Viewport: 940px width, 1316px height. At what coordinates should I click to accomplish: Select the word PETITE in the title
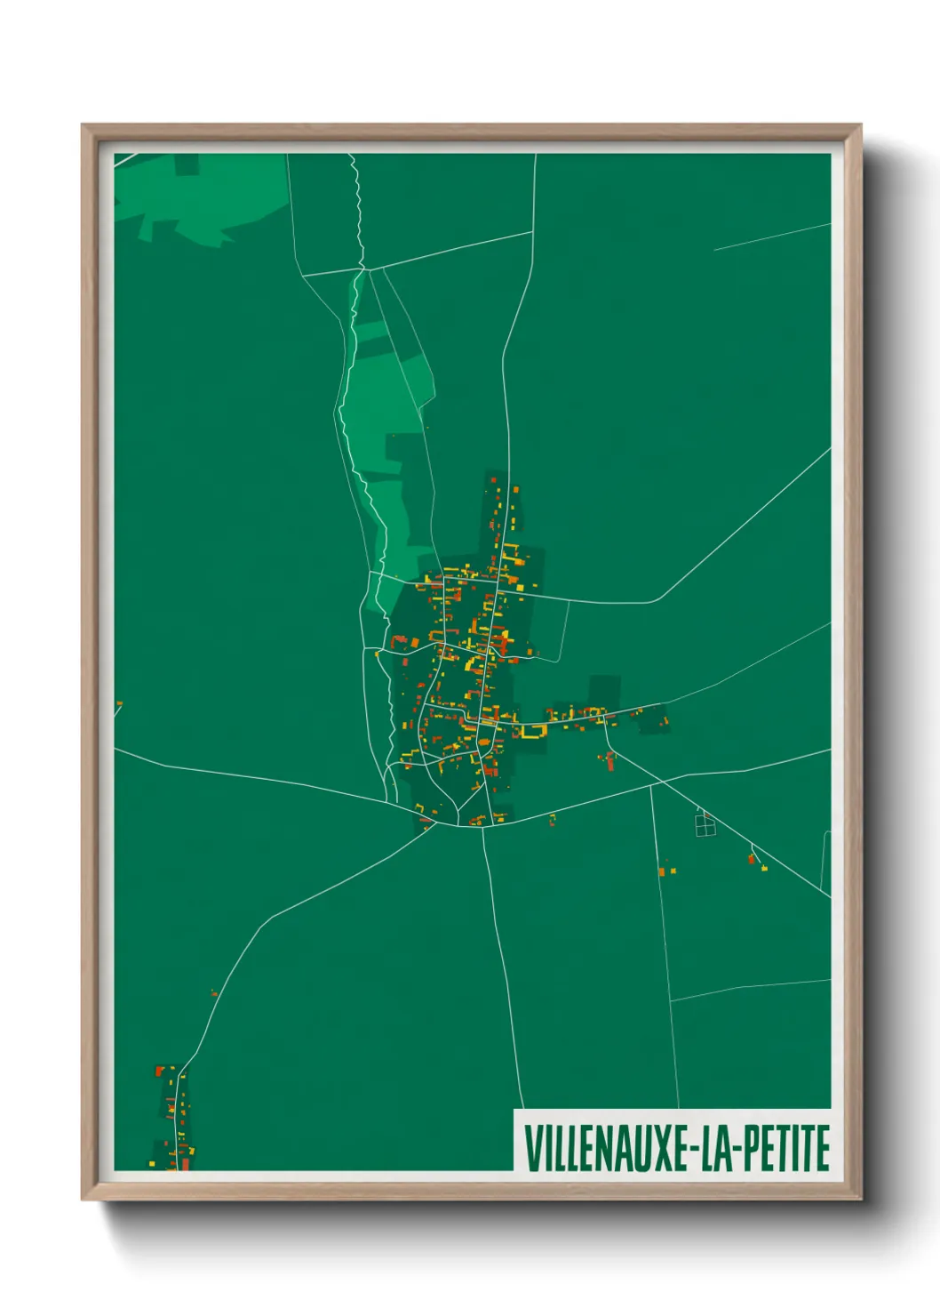(785, 1148)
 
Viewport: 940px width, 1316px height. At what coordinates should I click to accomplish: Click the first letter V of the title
(531, 1148)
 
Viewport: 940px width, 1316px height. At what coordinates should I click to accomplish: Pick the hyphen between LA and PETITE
(735, 1150)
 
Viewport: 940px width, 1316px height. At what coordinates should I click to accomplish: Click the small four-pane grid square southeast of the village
(705, 825)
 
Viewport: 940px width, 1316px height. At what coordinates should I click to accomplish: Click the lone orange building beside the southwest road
(213, 993)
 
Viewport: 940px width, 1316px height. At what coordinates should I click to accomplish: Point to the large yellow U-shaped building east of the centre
(533, 732)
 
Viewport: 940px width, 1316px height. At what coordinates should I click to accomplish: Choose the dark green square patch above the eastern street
(604, 691)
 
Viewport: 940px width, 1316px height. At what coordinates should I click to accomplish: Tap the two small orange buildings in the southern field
(666, 869)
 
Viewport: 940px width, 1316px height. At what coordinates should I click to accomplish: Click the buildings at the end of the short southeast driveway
(758, 861)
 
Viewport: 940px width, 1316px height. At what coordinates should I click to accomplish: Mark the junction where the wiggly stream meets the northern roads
(362, 267)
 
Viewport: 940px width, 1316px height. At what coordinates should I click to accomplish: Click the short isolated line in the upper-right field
(771, 237)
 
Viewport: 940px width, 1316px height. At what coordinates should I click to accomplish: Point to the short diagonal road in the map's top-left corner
(126, 160)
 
